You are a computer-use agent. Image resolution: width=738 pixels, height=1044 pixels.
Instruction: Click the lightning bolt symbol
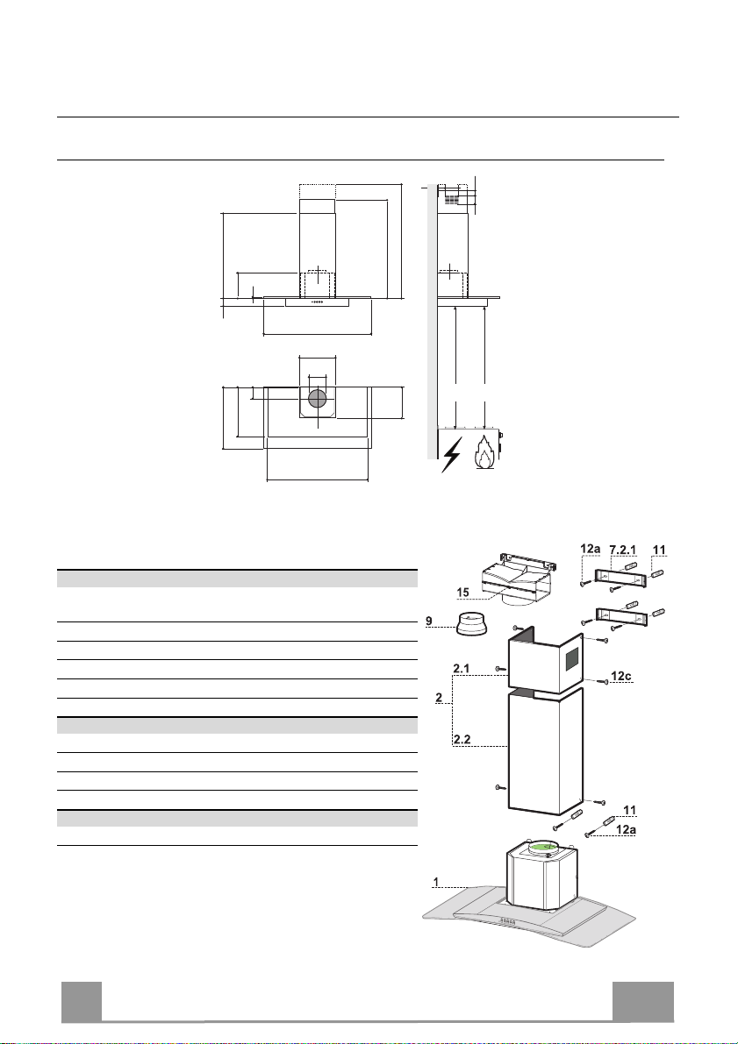tap(451, 456)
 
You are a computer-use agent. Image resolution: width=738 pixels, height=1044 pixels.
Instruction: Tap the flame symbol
tap(484, 452)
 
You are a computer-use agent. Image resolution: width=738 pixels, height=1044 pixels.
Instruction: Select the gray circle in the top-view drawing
tap(318, 399)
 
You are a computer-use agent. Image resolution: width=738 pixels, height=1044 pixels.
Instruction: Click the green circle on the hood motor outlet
tap(546, 849)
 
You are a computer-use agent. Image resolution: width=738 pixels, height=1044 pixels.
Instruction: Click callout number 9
tap(430, 621)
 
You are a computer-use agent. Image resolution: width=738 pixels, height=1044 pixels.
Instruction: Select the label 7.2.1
tap(623, 550)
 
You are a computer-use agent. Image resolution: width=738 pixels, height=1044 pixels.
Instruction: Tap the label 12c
tap(620, 676)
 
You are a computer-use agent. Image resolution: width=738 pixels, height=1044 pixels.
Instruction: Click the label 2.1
tap(462, 668)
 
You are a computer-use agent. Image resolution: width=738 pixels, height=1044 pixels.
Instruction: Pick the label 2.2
tap(462, 739)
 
